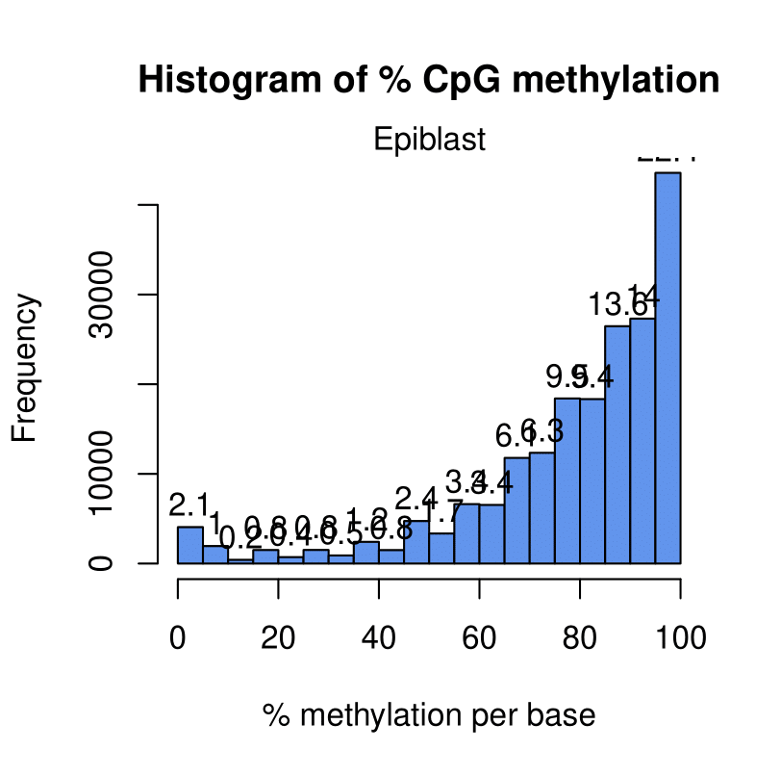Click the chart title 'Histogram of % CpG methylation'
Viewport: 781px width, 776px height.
(429, 80)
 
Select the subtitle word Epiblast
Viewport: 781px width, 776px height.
(429, 141)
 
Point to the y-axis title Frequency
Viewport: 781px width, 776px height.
(26, 369)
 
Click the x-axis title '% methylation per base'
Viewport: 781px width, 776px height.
(429, 716)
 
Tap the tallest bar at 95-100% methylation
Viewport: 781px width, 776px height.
(668, 366)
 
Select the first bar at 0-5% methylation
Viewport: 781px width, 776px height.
(190, 545)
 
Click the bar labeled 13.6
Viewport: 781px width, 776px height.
(617, 444)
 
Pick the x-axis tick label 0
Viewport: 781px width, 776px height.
(178, 637)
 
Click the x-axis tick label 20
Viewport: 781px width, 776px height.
(279, 637)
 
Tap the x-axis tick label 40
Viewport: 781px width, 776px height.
(379, 637)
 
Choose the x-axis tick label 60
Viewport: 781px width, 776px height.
(479, 637)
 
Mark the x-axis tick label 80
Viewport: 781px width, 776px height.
(580, 637)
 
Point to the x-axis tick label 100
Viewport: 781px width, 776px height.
(680, 637)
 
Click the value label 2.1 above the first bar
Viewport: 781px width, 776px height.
(189, 504)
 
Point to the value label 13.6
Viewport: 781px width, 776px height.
(617, 306)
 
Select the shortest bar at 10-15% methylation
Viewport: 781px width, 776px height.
(240, 560)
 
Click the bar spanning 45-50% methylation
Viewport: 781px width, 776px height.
(416, 542)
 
